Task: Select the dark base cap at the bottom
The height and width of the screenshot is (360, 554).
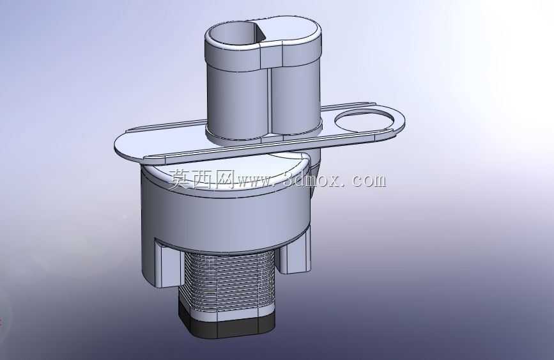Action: point(226,324)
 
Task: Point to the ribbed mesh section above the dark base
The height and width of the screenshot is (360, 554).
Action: point(227,281)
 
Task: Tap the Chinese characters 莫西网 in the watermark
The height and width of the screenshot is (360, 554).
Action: point(201,179)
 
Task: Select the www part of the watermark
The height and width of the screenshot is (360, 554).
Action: point(255,181)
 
